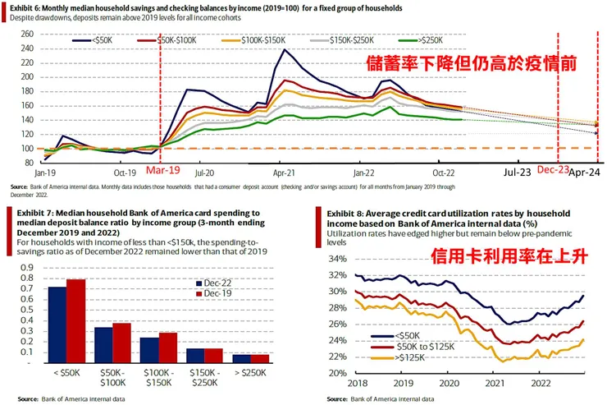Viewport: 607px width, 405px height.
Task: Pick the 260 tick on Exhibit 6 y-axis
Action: coord(27,34)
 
